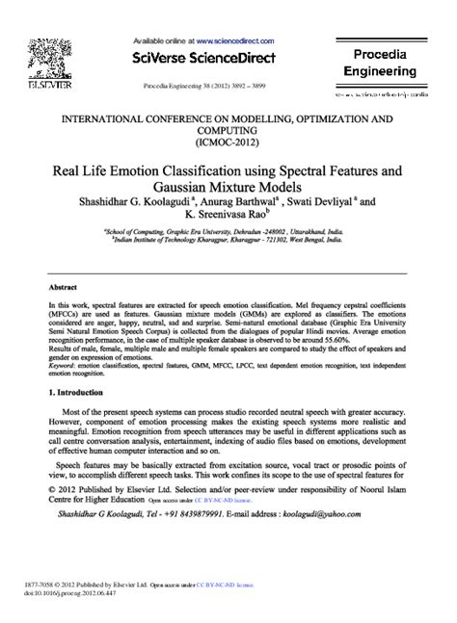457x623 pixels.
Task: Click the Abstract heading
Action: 65,288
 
